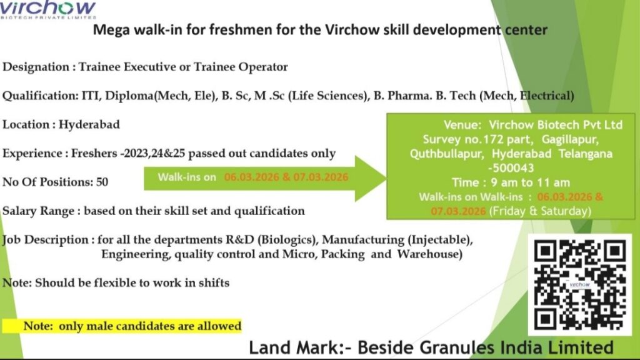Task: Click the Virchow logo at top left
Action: [x=49, y=10]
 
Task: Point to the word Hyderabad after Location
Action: [x=89, y=124]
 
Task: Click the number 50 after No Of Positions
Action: [x=102, y=182]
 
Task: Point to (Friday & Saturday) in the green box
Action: [x=540, y=211]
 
